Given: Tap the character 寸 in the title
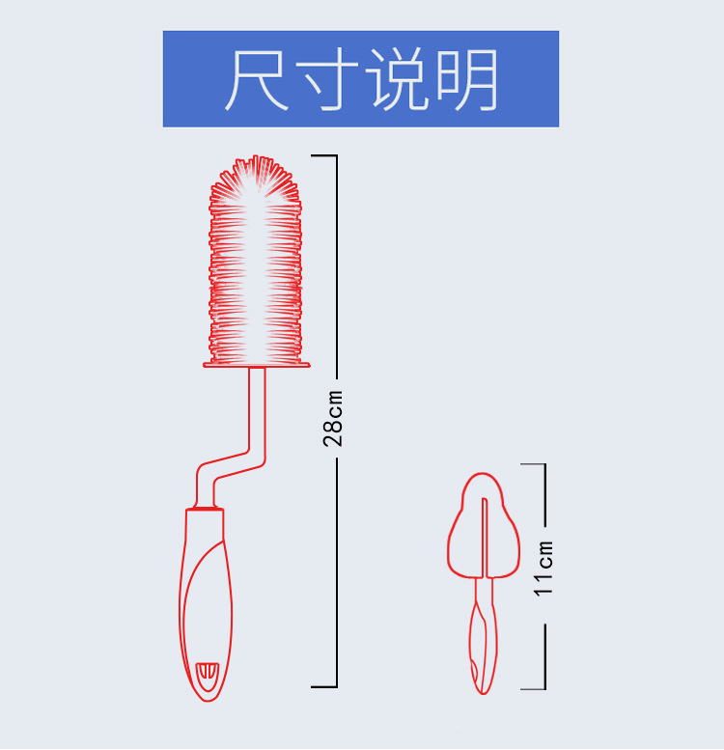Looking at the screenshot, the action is (x=328, y=78).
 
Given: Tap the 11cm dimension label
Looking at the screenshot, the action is (x=545, y=569).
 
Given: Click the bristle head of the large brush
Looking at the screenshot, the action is (x=256, y=261).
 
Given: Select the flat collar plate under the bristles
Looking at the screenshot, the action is (x=256, y=364).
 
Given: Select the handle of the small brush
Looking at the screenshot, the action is (x=482, y=637).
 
